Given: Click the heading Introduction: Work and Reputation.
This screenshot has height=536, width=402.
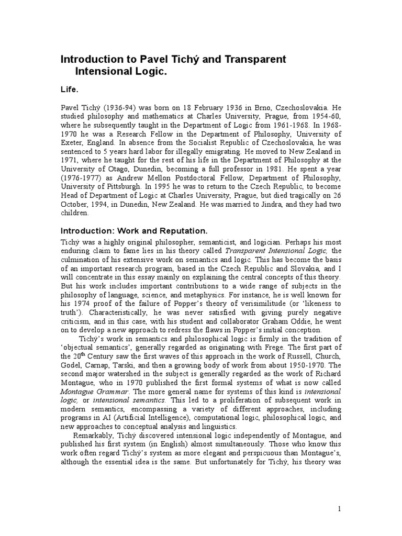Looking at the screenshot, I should [135, 231].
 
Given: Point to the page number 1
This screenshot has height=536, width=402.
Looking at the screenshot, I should [340, 509].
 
